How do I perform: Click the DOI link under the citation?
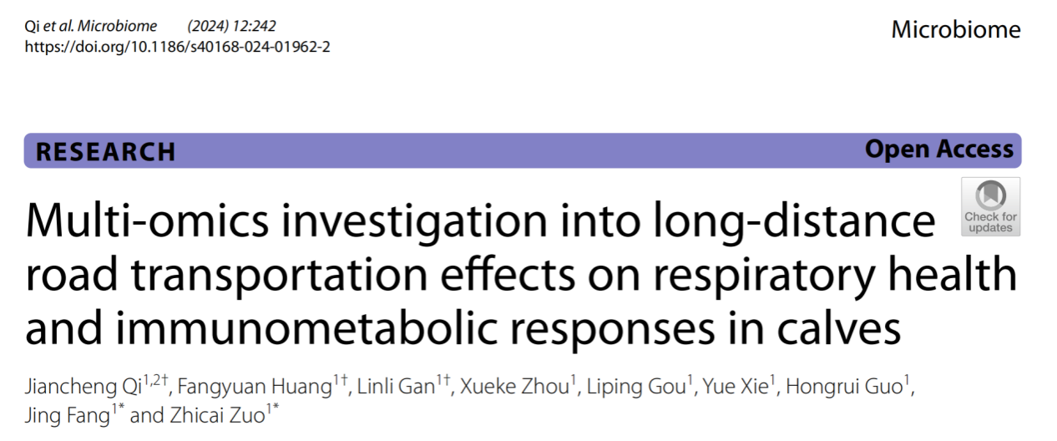click(177, 47)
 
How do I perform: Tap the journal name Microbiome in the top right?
click(955, 30)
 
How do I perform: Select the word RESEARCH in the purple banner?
click(106, 151)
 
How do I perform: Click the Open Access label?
click(938, 150)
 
